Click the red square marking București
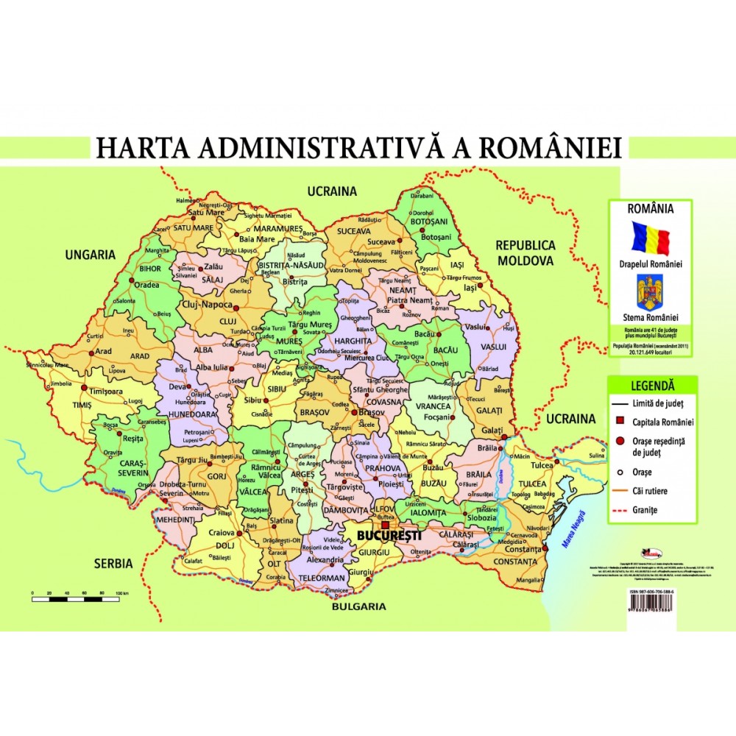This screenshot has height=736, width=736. click(x=384, y=526)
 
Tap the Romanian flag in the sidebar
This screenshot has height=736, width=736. click(x=651, y=238)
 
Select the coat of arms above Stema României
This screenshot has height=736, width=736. click(x=650, y=291)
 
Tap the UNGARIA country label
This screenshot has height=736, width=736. click(x=91, y=255)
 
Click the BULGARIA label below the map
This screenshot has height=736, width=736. click(x=358, y=607)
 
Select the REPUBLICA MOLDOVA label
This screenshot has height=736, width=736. click(x=525, y=252)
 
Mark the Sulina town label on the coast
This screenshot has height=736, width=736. click(x=598, y=456)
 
